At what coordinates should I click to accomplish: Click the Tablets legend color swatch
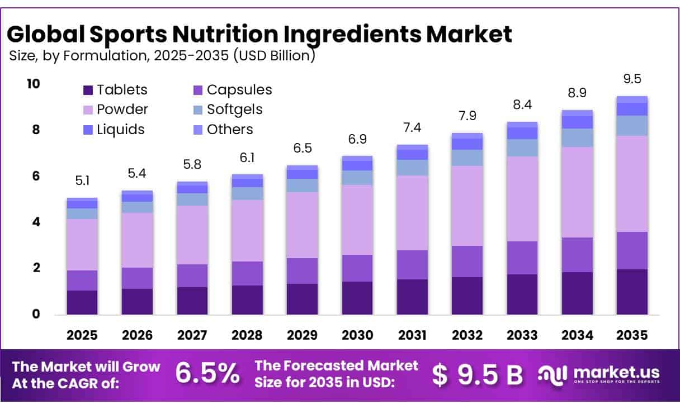pyautogui.click(x=88, y=91)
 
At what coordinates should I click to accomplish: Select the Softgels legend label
pyautogui.click(x=234, y=110)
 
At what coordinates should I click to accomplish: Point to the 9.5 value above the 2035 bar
pyautogui.click(x=632, y=78)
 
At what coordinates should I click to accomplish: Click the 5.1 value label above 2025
pyautogui.click(x=82, y=180)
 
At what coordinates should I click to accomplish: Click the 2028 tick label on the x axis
pyautogui.click(x=247, y=335)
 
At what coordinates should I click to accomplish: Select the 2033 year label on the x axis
pyautogui.click(x=522, y=335)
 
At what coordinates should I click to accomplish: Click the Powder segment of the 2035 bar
pyautogui.click(x=632, y=183)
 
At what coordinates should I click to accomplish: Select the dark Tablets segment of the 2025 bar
pyautogui.click(x=82, y=302)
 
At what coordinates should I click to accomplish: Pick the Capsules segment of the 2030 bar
pyautogui.click(x=357, y=268)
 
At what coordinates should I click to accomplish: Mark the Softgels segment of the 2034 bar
pyautogui.click(x=577, y=137)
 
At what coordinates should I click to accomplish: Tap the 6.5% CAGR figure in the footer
pyautogui.click(x=207, y=374)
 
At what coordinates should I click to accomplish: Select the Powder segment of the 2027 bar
pyautogui.click(x=192, y=235)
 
